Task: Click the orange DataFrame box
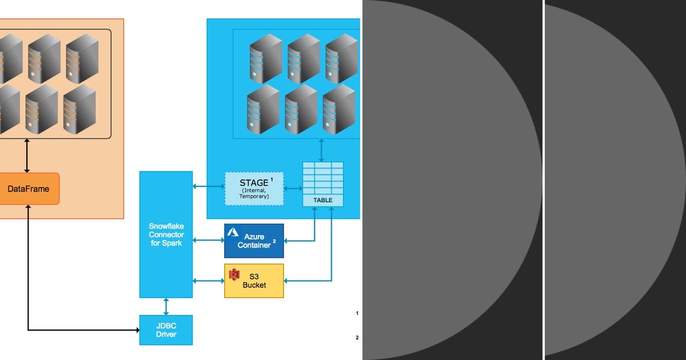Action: (29, 189)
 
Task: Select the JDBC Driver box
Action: (166, 330)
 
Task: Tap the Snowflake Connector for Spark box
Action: (166, 234)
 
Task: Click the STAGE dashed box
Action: (254, 189)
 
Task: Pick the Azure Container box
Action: (254, 241)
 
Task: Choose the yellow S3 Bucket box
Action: (254, 281)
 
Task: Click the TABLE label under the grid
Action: (323, 201)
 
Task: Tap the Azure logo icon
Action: (233, 232)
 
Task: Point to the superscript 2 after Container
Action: (274, 241)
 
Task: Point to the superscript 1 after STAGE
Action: (272, 179)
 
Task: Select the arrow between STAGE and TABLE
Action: (293, 187)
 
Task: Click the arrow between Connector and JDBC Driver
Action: (166, 306)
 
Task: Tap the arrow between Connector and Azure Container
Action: (208, 241)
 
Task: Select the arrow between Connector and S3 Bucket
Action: (208, 281)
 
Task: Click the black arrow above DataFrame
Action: (27, 155)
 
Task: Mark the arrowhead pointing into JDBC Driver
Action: (137, 330)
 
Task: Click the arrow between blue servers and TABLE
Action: (322, 150)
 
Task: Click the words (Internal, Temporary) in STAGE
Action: (254, 193)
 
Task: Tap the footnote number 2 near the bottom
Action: (357, 338)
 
